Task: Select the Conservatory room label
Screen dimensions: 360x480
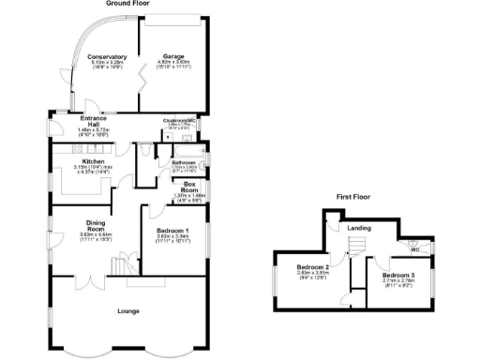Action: [x=106, y=57]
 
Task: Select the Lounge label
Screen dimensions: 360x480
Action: [x=129, y=311]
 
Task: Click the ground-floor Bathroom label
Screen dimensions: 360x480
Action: [x=183, y=162]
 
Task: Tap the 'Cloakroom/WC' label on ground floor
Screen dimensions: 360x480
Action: [x=178, y=120]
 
